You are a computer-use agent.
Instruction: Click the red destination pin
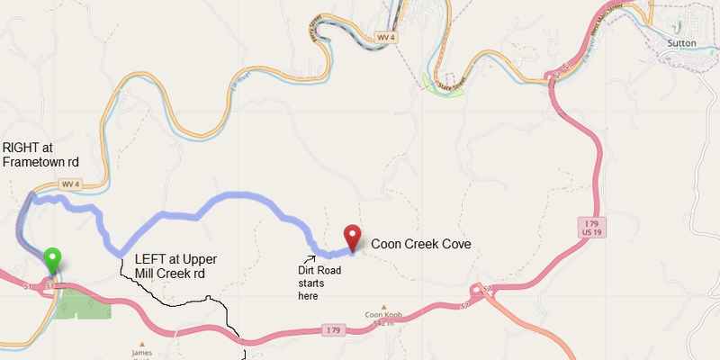(x=352, y=236)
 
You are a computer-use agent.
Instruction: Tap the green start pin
(x=53, y=259)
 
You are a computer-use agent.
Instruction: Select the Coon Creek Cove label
(x=421, y=244)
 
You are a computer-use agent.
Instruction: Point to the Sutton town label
(x=682, y=42)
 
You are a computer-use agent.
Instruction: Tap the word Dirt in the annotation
(x=310, y=268)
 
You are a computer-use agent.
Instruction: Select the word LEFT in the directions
(x=151, y=259)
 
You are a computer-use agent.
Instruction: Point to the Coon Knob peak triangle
(x=382, y=306)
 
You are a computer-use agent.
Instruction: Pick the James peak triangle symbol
(x=139, y=341)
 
